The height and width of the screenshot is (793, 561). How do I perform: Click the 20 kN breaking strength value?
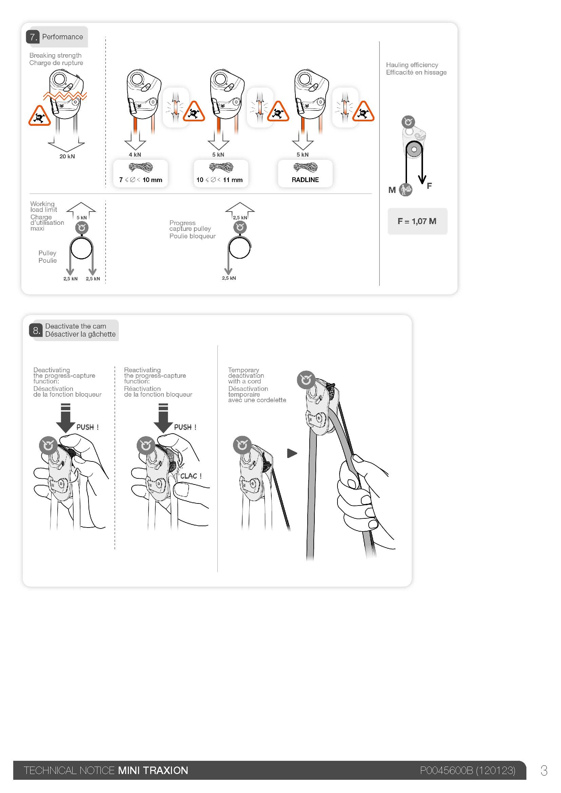coord(67,156)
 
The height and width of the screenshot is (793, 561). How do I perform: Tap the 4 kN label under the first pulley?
coord(135,155)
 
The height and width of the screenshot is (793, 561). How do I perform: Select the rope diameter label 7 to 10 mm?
coord(141,180)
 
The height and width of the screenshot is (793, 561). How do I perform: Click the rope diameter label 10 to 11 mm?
coord(219,180)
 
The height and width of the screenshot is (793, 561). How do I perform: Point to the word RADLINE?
coord(305,180)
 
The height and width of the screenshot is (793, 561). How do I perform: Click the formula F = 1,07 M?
coord(417,221)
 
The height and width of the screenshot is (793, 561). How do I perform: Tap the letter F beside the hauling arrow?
coord(429,186)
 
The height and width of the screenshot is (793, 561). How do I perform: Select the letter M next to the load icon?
coord(392,190)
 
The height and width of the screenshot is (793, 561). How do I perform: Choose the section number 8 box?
coord(36,330)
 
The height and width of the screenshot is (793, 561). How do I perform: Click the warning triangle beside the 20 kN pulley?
coord(39,116)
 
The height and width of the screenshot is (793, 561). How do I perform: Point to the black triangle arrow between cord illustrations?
coord(292,453)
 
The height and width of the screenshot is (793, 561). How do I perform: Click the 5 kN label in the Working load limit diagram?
coord(81,218)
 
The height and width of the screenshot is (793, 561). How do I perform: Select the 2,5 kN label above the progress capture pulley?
coord(240,218)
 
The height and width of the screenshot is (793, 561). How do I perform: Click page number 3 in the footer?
coord(544,771)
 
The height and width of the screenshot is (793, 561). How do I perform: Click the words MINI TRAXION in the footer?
coord(153,771)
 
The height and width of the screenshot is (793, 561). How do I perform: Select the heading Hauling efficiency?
coord(412,65)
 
